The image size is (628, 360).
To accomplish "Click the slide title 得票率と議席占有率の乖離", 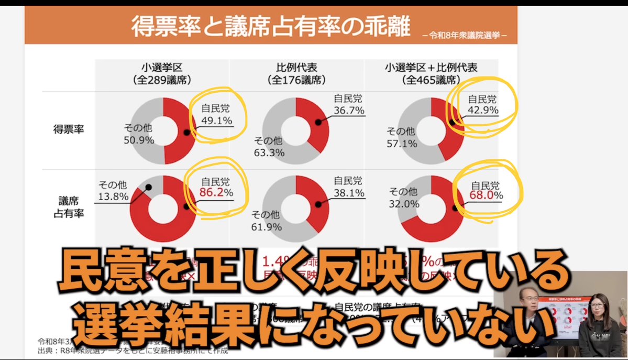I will [271, 27].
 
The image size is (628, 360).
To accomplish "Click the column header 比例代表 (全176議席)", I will [296, 73].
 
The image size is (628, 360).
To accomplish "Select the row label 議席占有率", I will [69, 207].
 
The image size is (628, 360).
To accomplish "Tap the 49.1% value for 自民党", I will [216, 120].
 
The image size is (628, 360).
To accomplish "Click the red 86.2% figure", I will [216, 192].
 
